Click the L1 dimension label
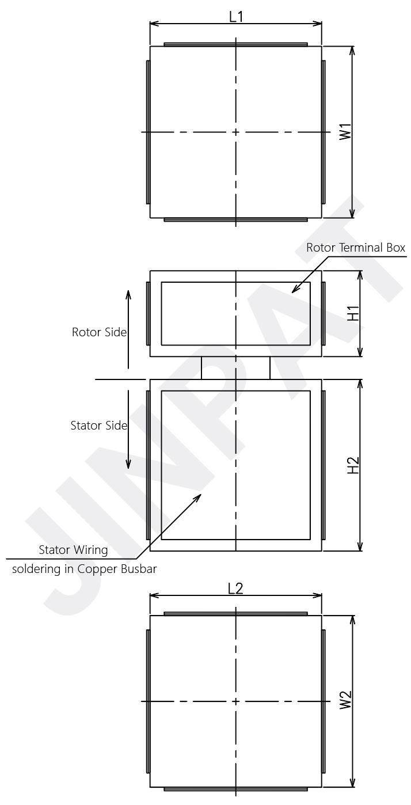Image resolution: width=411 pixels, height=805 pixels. coord(236,17)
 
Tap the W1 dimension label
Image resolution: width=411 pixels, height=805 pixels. coord(345,131)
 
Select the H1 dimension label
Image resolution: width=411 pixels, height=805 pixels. coord(353,313)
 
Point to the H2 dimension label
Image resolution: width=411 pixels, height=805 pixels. coord(353,465)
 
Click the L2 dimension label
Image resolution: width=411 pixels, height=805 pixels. coord(235,588)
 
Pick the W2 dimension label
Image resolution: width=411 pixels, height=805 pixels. coord(345,700)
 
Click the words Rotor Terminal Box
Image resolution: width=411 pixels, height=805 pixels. coord(356,248)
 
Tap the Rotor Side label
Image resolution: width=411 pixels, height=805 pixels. coord(99,332)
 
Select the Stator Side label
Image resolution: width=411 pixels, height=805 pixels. coord(99,426)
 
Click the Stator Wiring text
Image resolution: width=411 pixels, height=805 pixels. coord(73,550)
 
